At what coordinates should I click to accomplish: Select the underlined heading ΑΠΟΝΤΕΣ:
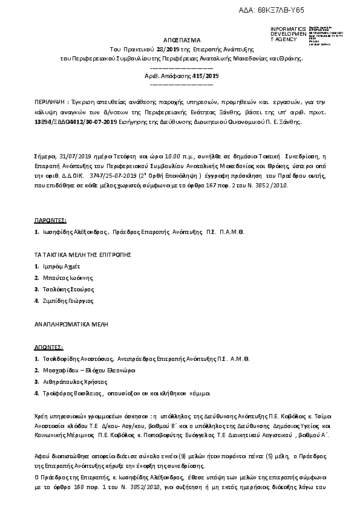click(x=49, y=348)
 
